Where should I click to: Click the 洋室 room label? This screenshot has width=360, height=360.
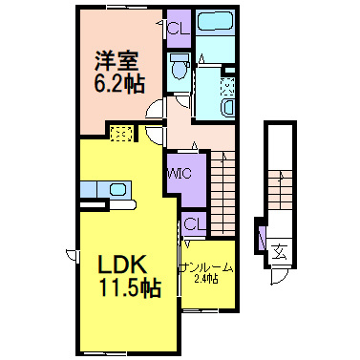pos(116,60)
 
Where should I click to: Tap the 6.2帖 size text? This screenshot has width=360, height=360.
pos(118,83)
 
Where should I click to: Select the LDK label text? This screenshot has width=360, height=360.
pos(123,264)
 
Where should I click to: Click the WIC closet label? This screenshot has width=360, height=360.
pos(180,174)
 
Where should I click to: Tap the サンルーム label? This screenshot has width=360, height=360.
pos(206,268)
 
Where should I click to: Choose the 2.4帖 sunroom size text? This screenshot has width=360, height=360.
pos(206,280)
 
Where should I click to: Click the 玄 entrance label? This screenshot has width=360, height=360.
pos(280,251)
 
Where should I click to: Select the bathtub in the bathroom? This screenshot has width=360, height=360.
pos(215,22)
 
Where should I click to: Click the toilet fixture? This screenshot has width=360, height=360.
pos(179,66)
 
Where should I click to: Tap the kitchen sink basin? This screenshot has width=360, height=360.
pos(117,189)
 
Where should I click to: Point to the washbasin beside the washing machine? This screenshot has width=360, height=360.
pos(228,107)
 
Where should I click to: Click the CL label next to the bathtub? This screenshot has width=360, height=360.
pos(178,30)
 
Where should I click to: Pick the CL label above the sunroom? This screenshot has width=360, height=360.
pos(194,223)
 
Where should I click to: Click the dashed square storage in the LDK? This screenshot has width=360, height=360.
pos(121,134)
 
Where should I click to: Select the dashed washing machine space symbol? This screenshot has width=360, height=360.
pos(227,86)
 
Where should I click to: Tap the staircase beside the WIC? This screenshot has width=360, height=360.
pos(222,193)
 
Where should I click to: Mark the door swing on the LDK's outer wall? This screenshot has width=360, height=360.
pos(72,255)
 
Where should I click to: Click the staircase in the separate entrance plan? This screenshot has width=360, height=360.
pos(280,189)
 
